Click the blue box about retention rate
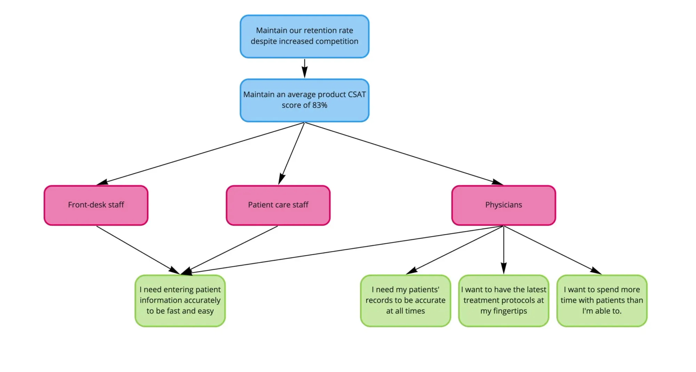pyautogui.click(x=304, y=36)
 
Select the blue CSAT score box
pyautogui.click(x=304, y=100)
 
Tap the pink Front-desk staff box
pyautogui.click(x=96, y=205)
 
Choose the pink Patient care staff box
pyautogui.click(x=278, y=205)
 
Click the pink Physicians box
pyautogui.click(x=503, y=205)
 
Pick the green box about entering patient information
pyautogui.click(x=180, y=300)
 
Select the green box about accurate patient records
pyautogui.click(x=405, y=300)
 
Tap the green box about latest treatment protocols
pyautogui.click(x=503, y=300)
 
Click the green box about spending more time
pyautogui.click(x=601, y=300)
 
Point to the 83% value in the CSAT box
pyautogui.click(x=319, y=105)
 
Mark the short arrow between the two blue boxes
pyautogui.click(x=304, y=68)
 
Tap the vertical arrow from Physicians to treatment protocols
pyautogui.click(x=503, y=249)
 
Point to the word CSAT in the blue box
pyautogui.click(x=356, y=94)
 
